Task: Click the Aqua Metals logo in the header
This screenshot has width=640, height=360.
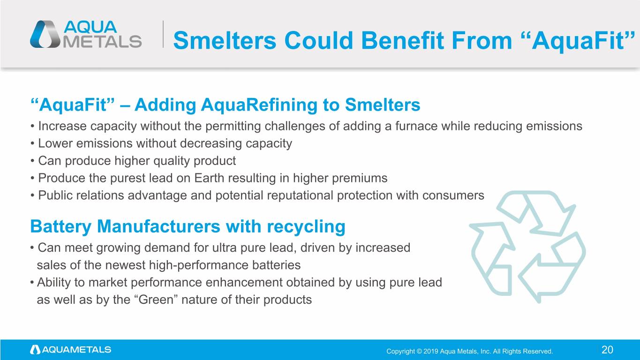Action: click(x=86, y=34)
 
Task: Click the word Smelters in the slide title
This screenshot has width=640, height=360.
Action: click(x=225, y=41)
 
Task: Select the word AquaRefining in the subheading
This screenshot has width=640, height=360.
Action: click(x=259, y=105)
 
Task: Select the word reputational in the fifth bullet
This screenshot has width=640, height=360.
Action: click(x=300, y=196)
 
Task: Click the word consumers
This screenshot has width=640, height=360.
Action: click(x=453, y=196)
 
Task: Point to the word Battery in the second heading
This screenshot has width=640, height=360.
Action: click(x=61, y=227)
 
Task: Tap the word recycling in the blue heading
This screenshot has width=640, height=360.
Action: click(x=306, y=227)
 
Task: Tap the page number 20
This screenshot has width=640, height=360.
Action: click(x=608, y=350)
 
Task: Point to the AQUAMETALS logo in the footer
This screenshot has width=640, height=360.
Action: click(x=71, y=350)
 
